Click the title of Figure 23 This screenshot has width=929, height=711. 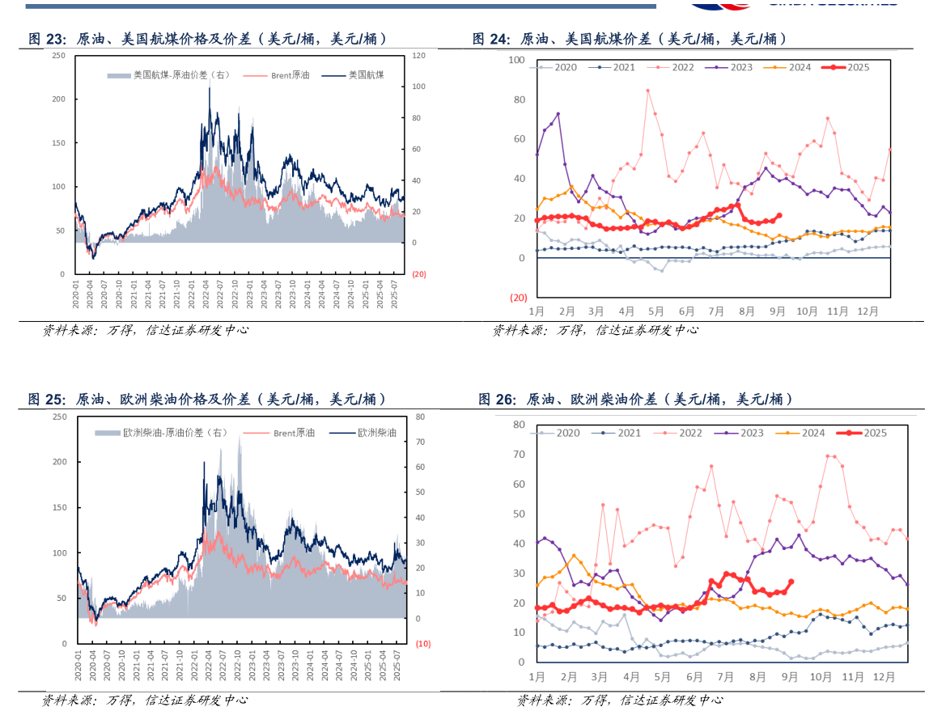[206, 39]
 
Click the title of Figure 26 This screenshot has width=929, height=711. [635, 399]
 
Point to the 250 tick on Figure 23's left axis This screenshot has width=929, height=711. [58, 55]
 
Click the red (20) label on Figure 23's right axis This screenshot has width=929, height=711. [419, 274]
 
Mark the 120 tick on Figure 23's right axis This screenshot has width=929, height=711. [418, 55]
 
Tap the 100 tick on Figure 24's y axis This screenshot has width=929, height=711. [516, 61]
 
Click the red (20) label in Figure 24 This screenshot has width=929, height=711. [518, 298]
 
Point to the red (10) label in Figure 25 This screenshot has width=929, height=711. [422, 644]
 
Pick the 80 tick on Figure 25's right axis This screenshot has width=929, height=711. [421, 417]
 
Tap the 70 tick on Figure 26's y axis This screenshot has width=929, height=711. [519, 455]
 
